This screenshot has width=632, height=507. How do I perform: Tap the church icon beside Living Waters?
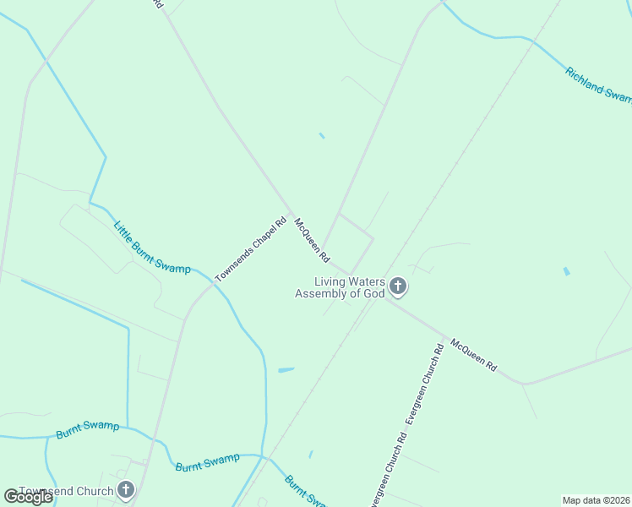click(x=398, y=288)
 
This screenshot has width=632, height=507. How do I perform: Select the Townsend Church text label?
click(x=66, y=492)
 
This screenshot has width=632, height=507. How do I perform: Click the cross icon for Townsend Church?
click(x=126, y=490)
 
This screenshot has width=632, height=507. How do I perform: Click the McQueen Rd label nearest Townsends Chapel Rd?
click(x=312, y=241)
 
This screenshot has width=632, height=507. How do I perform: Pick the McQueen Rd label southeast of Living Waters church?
click(x=473, y=356)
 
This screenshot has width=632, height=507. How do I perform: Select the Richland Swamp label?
click(x=598, y=85)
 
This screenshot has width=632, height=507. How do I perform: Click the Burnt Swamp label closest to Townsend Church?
click(x=88, y=430)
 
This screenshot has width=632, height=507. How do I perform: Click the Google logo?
click(x=28, y=497)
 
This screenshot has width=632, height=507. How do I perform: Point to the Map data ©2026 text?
click(x=596, y=499)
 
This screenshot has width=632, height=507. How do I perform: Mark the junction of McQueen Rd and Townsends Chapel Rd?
click(x=291, y=213)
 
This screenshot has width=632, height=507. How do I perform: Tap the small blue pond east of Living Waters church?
click(x=566, y=272)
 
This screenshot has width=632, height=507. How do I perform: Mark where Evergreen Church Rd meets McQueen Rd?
click(x=445, y=338)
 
